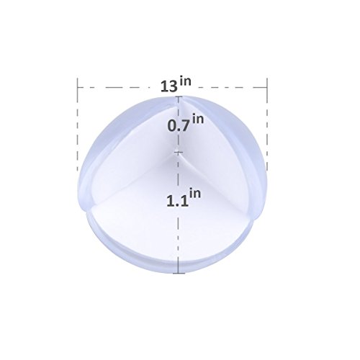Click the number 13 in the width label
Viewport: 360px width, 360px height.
pos(169,86)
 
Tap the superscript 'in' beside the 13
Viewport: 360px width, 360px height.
pos(186,81)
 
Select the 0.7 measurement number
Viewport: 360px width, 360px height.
pos(179,126)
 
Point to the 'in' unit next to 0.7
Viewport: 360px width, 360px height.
pos(198,120)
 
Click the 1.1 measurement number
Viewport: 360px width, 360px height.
pos(177,201)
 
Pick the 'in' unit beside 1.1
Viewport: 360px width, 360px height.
pos(195,194)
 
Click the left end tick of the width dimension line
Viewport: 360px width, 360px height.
pos(78,87)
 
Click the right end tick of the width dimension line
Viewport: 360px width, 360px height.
pos(267,87)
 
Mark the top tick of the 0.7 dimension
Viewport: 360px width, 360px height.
pos(178,96)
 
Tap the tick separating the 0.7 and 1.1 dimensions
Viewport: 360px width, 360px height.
pos(178,152)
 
